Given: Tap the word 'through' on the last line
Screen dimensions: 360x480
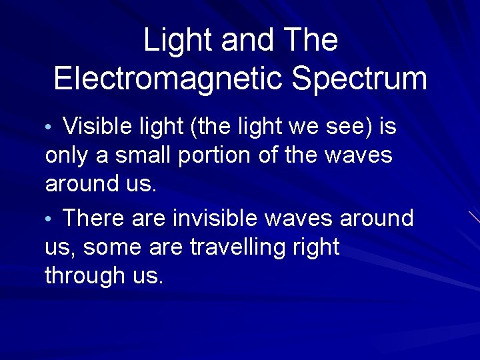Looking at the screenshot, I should (x=81, y=275).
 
